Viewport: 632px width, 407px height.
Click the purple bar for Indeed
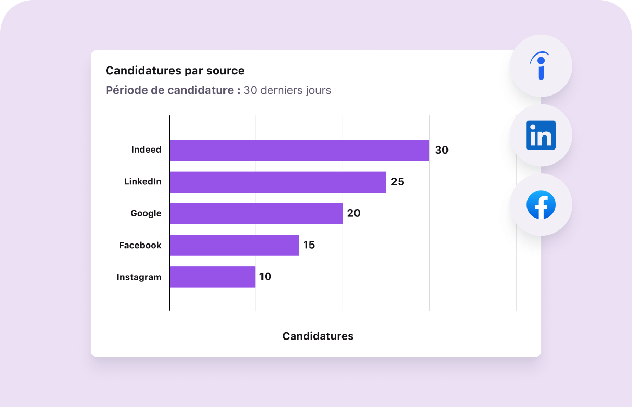tap(299, 151)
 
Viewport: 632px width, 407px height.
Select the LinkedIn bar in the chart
tap(278, 182)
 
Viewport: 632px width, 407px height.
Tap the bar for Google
tap(256, 213)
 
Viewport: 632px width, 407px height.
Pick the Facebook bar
tap(234, 245)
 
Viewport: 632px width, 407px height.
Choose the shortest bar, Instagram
tap(213, 277)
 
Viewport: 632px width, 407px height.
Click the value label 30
tap(441, 151)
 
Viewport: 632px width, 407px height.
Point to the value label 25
tap(398, 182)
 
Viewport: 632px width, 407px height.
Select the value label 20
tap(354, 213)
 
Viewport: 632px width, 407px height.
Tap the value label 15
tap(309, 245)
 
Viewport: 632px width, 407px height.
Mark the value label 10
tap(265, 277)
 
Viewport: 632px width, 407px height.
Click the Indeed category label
tap(146, 150)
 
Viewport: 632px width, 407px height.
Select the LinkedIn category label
tap(142, 182)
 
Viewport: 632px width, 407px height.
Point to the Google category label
tap(146, 213)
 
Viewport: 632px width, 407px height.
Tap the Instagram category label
tap(139, 277)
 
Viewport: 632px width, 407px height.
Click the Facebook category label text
tap(140, 245)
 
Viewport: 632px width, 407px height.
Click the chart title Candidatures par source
tap(175, 71)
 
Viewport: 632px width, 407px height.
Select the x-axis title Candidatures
tap(318, 336)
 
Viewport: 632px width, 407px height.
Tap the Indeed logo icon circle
tap(541, 66)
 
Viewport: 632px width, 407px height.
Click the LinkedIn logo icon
tap(541, 135)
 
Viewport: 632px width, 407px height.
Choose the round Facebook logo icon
tap(541, 205)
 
